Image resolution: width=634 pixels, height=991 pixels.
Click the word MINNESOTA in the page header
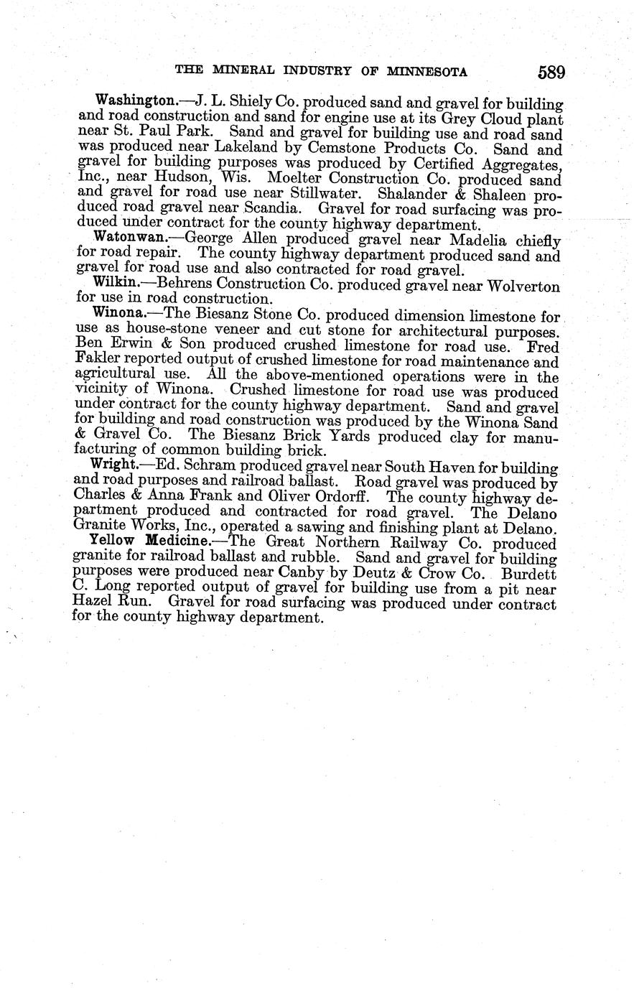(x=428, y=72)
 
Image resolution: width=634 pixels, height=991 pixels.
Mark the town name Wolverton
(x=523, y=286)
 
